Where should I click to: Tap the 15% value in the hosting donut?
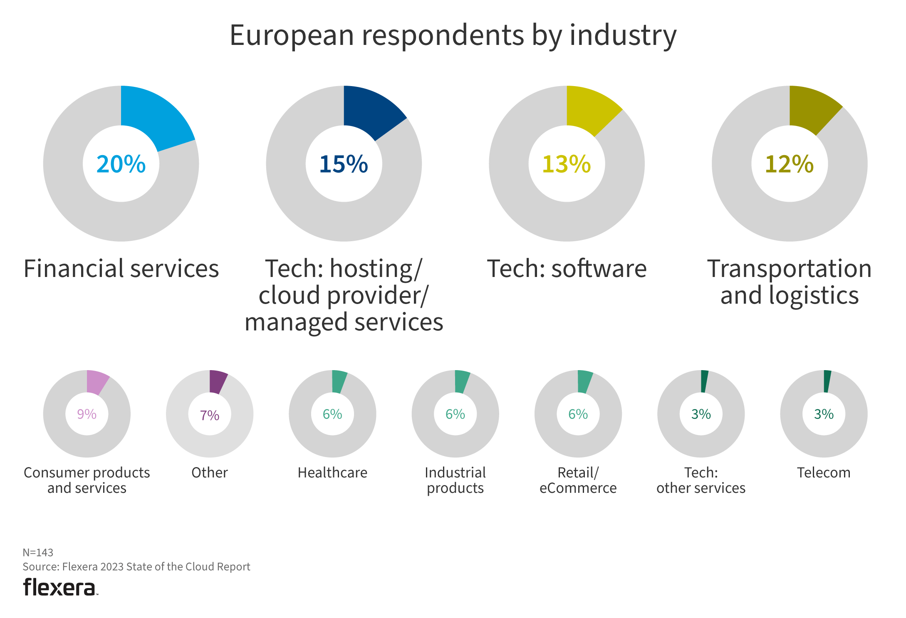click(x=344, y=164)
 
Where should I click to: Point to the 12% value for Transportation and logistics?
click(x=789, y=164)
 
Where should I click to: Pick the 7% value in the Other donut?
click(x=210, y=415)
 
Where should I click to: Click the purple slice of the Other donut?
click(x=217, y=381)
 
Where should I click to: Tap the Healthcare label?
click(x=332, y=472)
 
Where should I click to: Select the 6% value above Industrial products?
click(x=455, y=414)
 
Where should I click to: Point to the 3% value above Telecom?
click(x=824, y=414)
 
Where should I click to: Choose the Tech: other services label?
click(x=701, y=480)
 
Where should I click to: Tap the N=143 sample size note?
click(x=38, y=552)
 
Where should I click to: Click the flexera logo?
click(x=60, y=587)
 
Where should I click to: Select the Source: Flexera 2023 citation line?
click(x=136, y=566)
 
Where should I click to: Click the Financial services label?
click(x=121, y=269)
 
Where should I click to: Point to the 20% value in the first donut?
click(x=121, y=164)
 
